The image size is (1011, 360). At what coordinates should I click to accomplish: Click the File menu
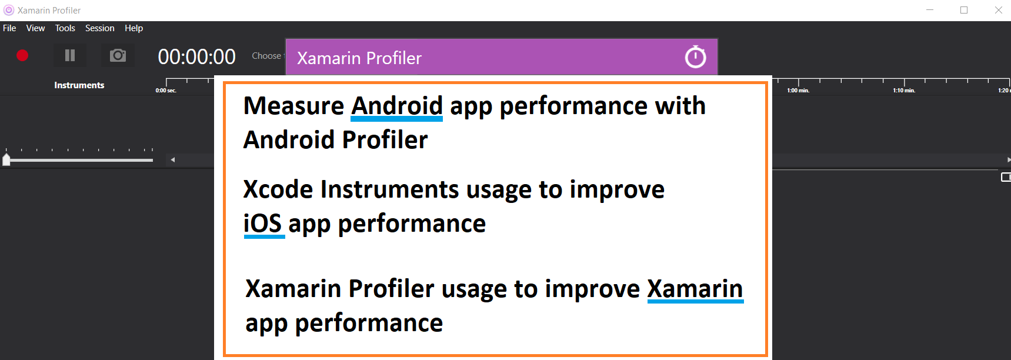coord(9,28)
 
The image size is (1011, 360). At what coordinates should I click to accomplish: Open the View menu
coord(35,28)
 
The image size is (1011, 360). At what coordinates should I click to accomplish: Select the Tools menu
coord(65,28)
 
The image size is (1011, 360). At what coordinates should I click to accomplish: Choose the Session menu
coord(100,28)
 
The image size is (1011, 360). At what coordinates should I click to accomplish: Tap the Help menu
coord(134,28)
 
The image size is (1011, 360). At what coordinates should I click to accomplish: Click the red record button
coord(22,55)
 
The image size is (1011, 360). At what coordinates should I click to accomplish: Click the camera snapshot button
coord(118,55)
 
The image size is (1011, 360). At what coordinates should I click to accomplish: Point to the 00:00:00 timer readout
coord(196,56)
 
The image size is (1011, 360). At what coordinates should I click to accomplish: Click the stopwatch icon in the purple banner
coord(695,57)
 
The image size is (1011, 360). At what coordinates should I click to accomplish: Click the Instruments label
coord(79,85)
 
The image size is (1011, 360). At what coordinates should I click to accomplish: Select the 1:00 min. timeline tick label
coord(798,91)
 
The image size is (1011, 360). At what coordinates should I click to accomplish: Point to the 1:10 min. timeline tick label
coord(904,91)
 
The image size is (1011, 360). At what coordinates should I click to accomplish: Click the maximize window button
coord(964,10)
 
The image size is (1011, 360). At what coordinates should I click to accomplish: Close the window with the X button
coord(998,10)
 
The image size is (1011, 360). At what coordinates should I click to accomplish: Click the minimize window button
coord(930,10)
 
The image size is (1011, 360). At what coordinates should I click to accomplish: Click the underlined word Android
coord(397,106)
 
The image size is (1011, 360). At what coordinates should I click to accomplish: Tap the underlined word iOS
coord(263,224)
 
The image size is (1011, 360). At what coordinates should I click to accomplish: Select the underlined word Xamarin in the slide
coord(695,289)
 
